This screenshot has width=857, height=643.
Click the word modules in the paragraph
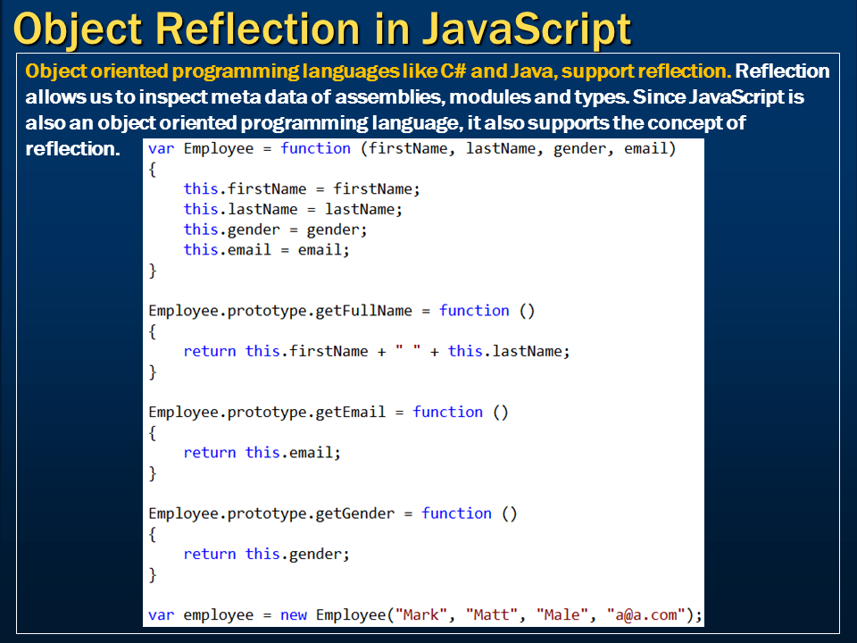(528, 96)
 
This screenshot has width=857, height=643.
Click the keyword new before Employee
(294, 614)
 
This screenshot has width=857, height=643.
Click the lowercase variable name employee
(219, 614)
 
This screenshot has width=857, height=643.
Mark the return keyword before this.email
(210, 453)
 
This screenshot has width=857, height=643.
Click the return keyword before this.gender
(210, 554)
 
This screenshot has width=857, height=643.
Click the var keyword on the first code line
(162, 148)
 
